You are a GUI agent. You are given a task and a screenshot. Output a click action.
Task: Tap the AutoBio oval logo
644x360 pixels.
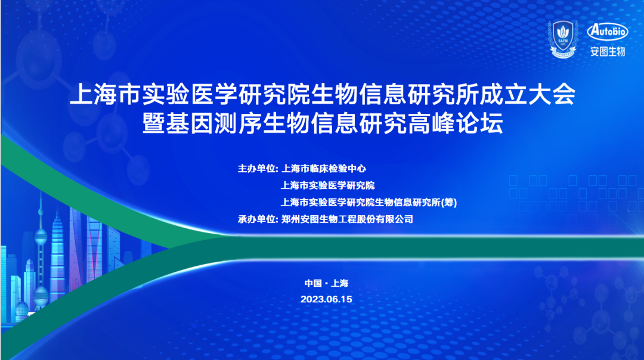[x=607, y=32]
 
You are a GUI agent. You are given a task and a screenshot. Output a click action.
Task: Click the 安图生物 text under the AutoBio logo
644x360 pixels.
[x=607, y=51]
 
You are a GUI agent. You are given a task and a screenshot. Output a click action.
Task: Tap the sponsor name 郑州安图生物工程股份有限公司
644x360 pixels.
[x=346, y=219]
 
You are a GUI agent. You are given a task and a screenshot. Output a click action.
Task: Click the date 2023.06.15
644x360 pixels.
[x=327, y=299]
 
